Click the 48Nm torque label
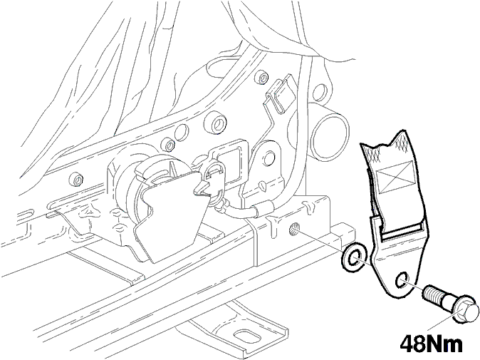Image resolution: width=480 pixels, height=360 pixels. pos(432,344)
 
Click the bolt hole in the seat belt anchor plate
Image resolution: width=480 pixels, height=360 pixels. pos(402,279)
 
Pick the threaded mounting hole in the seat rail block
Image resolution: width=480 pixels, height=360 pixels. pos(294,229)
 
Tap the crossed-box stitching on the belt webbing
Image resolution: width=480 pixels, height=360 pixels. pos(395,177)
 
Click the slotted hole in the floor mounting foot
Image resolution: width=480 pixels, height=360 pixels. pos(246,336)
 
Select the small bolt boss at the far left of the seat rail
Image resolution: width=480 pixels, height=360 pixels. pos(76,180)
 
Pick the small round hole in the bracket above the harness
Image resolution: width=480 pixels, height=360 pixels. pos(268,157)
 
